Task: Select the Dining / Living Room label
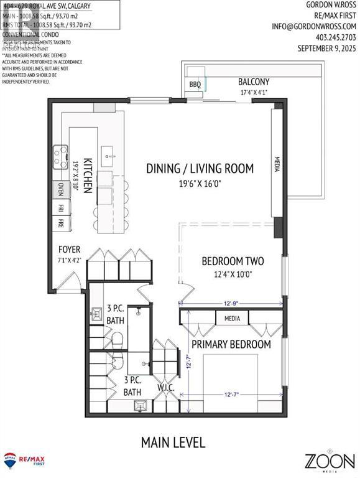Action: pyautogui.click(x=200, y=168)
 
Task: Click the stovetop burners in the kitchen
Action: pyautogui.click(x=60, y=157)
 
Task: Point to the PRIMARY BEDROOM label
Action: pyautogui.click(x=231, y=344)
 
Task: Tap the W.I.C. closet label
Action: pyautogui.click(x=165, y=387)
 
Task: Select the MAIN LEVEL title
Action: pyautogui.click(x=173, y=443)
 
